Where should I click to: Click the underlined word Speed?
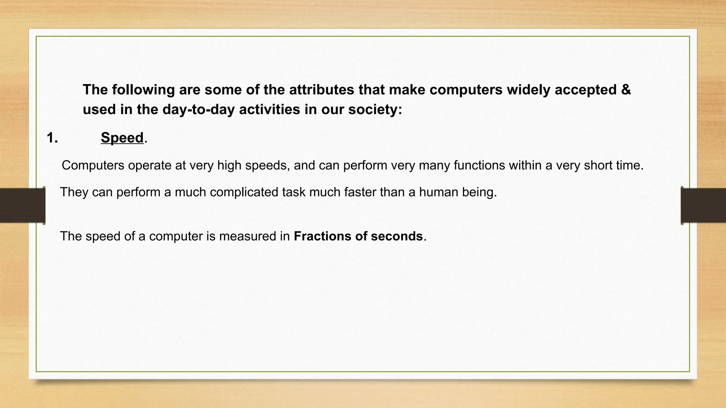122,138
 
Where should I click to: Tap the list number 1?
52,138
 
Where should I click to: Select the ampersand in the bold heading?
626,90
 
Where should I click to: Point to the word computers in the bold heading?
466,90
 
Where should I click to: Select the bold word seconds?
397,236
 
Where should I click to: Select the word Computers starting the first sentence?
93,165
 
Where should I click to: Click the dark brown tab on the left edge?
22,205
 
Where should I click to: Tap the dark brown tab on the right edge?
703,205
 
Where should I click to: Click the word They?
74,192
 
